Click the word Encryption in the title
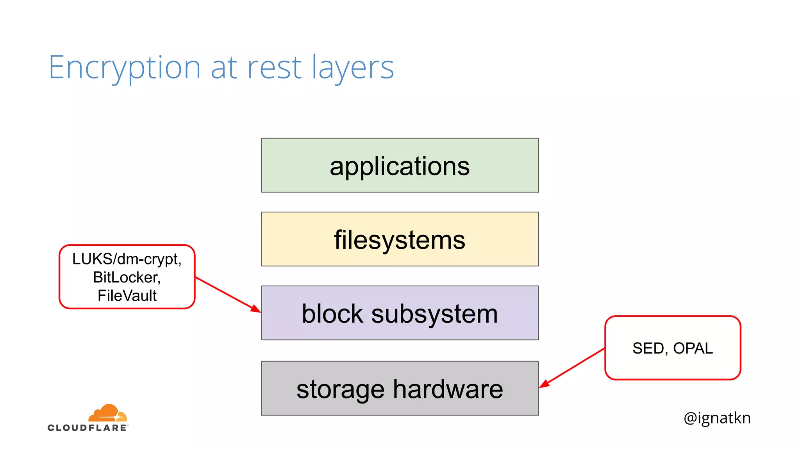124,68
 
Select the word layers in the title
353,68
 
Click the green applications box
400,166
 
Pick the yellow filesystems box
400,239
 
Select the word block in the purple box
332,314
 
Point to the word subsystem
434,314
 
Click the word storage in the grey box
340,389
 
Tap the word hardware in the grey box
448,389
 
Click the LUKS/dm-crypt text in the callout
127,259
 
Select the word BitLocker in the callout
126,277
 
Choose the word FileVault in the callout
127,296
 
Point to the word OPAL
693,348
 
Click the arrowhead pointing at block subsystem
256,309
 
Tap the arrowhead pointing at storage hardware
544,384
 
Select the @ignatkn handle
717,418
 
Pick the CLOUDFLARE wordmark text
87,428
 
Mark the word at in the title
224,68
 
